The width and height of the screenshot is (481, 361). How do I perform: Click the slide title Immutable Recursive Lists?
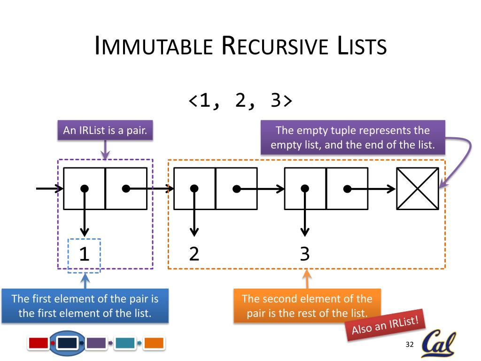(x=240, y=46)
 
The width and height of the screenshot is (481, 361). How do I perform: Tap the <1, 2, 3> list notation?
(x=240, y=101)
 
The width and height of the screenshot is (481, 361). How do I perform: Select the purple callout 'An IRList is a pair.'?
(x=105, y=131)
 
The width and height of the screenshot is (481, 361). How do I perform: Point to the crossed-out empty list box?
(x=418, y=188)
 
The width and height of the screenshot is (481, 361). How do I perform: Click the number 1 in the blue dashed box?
(x=84, y=254)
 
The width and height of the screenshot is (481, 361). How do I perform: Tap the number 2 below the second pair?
(x=194, y=254)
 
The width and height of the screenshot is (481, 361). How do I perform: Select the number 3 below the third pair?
(x=305, y=254)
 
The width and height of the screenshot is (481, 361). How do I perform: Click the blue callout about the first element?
(x=85, y=306)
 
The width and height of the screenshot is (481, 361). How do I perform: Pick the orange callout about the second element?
(x=307, y=306)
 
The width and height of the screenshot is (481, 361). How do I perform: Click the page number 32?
(x=409, y=345)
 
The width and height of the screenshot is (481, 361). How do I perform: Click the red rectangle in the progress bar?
(x=39, y=343)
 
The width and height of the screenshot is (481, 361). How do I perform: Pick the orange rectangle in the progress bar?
(x=154, y=343)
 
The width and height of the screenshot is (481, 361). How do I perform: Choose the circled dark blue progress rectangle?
(x=67, y=343)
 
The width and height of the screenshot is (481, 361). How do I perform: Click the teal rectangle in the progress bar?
(x=125, y=343)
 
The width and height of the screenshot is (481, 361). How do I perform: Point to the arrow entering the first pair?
(x=49, y=188)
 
